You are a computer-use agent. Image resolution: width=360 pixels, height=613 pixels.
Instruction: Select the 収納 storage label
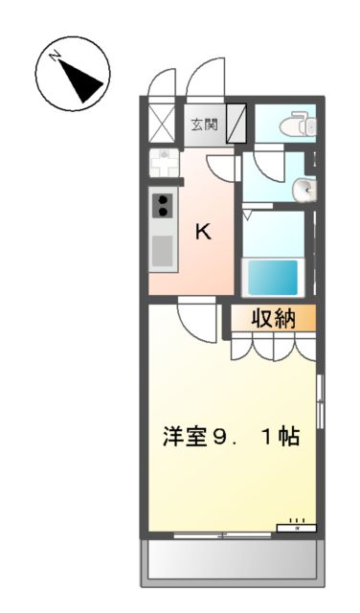[273, 319]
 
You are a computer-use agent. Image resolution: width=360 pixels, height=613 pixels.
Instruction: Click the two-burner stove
[162, 206]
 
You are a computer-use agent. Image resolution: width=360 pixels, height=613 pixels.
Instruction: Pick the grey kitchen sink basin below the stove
[162, 250]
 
